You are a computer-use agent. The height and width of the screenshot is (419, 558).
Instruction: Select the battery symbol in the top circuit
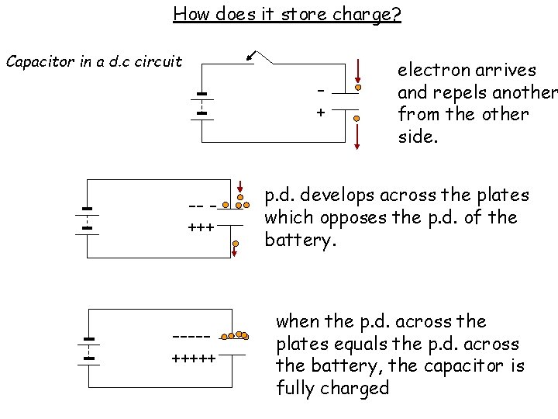[201, 105]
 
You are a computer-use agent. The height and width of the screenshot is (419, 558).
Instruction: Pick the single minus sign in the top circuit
[320, 89]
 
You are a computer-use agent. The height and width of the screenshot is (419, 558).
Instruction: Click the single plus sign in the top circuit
[320, 113]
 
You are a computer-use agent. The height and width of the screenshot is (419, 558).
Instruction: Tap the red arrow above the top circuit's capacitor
[358, 70]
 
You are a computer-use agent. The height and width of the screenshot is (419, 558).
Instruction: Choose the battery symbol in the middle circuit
[88, 219]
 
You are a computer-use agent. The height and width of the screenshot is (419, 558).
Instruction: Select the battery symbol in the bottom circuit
[89, 349]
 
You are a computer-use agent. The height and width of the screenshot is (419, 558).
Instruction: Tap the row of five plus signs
[193, 359]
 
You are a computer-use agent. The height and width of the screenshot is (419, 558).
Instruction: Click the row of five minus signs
[192, 337]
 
